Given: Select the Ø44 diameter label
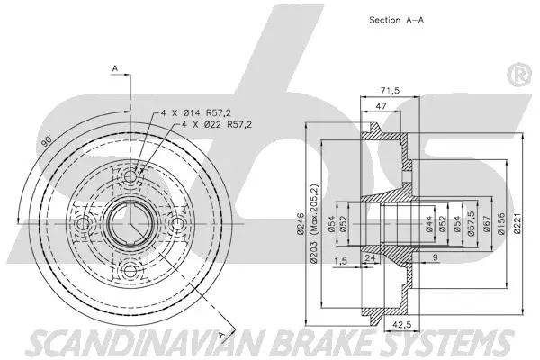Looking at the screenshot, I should [x=430, y=222].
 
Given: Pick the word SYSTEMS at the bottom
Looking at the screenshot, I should [x=446, y=344].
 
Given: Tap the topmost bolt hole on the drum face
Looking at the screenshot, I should [x=131, y=176].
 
